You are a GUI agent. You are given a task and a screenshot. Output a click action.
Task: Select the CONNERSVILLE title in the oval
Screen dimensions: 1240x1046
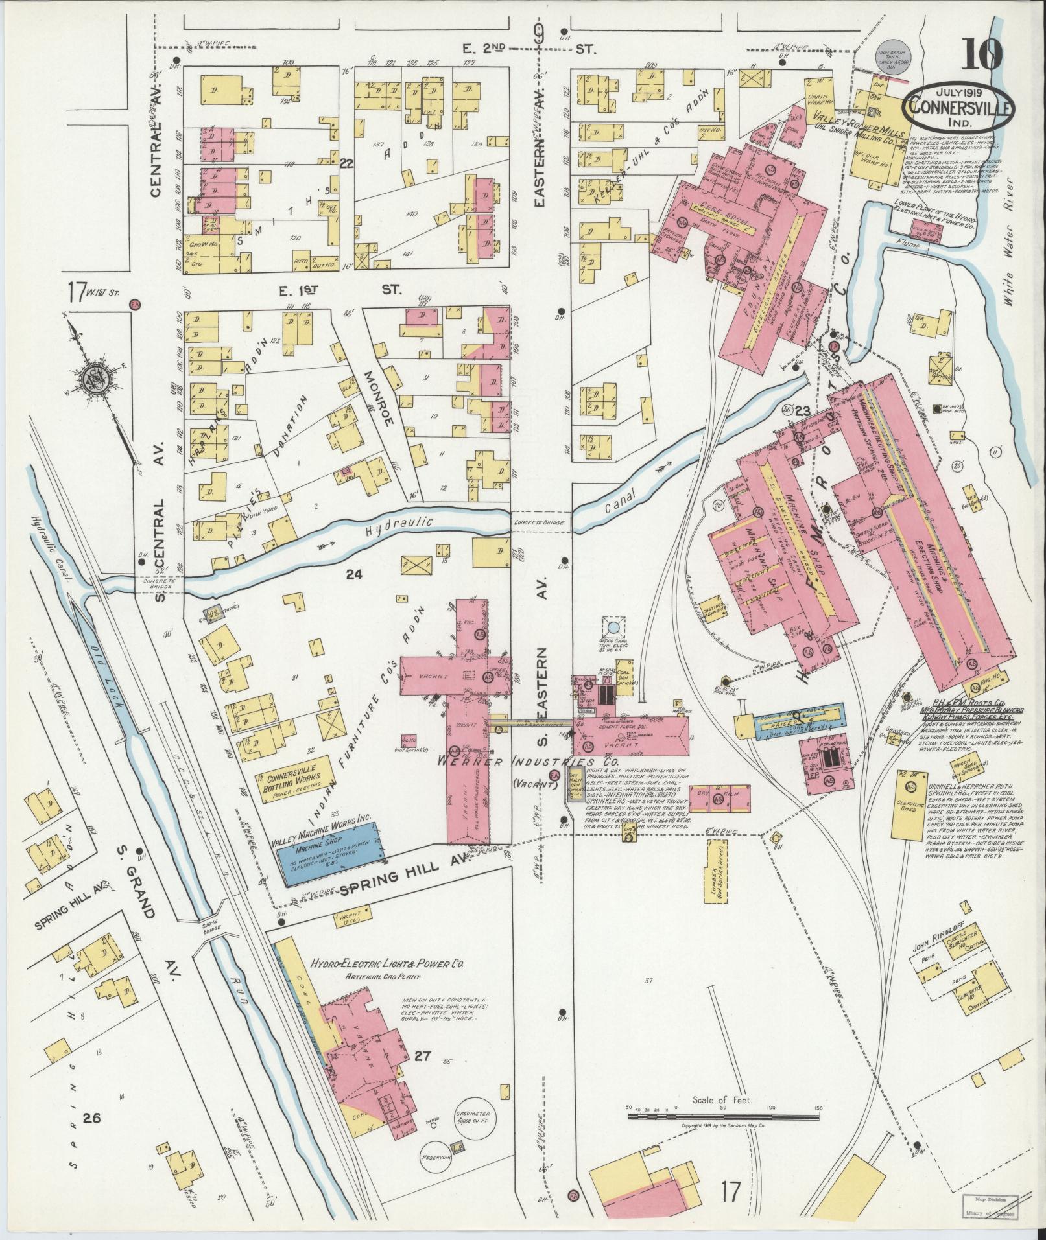tap(957, 108)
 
